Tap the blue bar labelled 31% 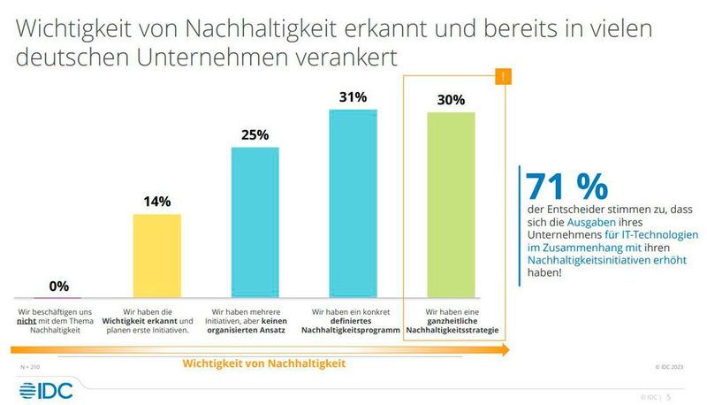click(353, 203)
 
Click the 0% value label click(59, 286)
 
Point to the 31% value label click(353, 96)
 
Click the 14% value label click(156, 202)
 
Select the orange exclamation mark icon click(504, 78)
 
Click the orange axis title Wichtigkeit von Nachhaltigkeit click(262, 363)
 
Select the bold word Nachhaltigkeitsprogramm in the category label click(353, 330)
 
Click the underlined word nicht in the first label click(26, 321)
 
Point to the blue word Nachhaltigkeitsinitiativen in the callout click(582, 261)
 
